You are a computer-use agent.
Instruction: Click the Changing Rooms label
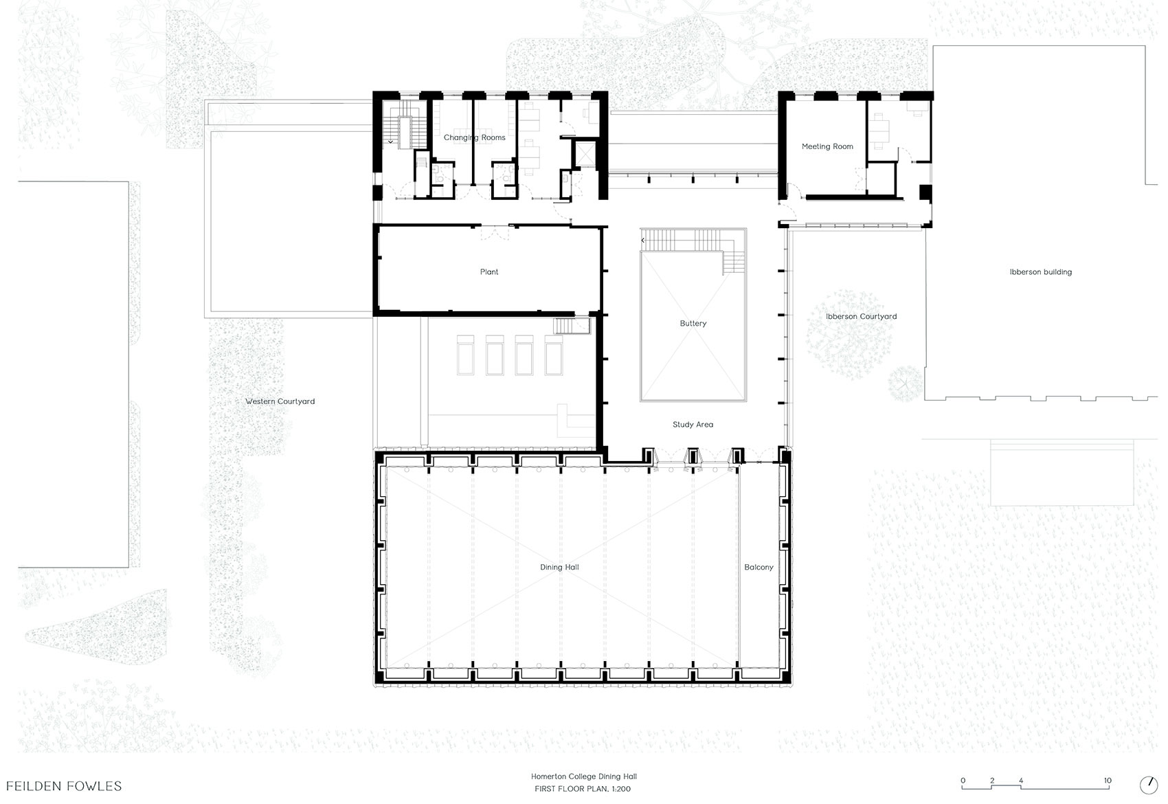475,137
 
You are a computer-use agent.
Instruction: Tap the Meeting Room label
827,146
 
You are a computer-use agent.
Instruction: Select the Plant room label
489,271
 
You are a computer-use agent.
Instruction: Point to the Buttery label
693,323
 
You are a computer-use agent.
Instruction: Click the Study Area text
693,425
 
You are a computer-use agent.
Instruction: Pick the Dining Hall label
559,568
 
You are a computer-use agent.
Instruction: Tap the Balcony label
759,568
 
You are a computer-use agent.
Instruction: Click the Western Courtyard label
280,401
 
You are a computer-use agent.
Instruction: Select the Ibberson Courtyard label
862,317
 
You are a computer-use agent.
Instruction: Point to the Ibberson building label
1041,271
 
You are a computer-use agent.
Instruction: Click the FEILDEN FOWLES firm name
64,785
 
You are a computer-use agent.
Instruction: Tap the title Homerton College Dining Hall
584,777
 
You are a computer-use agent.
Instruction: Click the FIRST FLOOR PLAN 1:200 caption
583,789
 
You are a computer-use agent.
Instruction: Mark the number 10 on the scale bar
1108,781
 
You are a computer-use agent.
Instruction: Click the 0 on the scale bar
963,781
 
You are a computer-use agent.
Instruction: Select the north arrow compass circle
1149,785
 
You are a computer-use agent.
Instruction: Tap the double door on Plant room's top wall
494,232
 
